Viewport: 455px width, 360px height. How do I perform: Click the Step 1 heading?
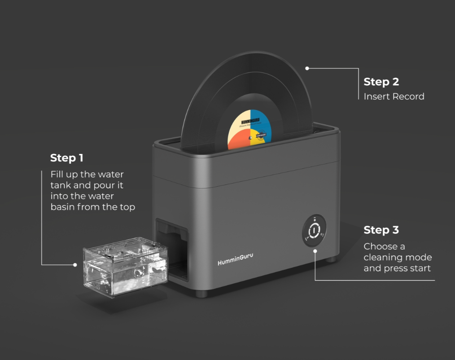pos(67,158)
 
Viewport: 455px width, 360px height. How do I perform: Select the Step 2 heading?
pos(381,82)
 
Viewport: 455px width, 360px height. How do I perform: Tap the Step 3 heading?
pos(381,230)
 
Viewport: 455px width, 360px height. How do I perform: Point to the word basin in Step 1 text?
pos(62,207)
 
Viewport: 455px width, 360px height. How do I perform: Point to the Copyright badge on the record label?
pos(261,133)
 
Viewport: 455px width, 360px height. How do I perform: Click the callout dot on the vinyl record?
pos(307,68)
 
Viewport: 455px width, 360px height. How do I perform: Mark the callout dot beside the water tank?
pos(75,265)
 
